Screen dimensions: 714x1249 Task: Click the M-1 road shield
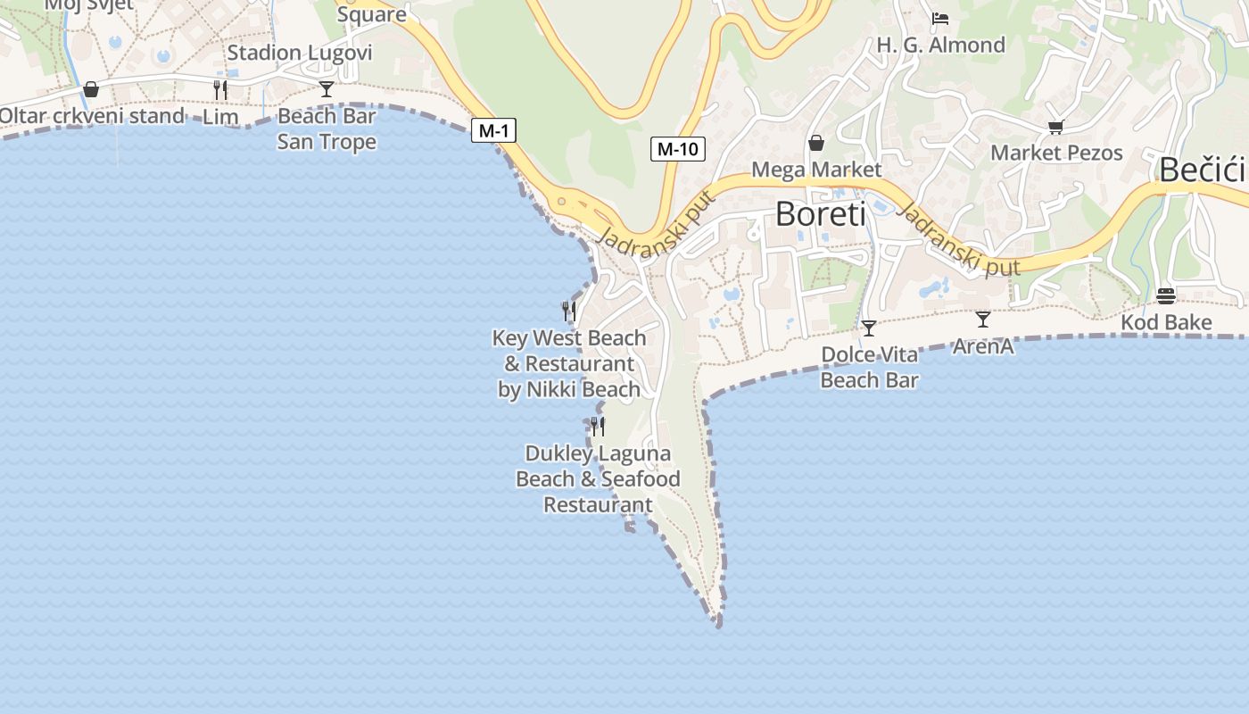(x=493, y=131)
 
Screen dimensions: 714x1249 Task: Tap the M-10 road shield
(x=677, y=149)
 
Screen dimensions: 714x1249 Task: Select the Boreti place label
(x=820, y=214)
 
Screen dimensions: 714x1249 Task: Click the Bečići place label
(x=1202, y=170)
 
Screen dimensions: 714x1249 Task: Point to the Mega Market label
(x=816, y=170)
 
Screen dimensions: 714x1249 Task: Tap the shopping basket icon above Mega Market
(x=816, y=143)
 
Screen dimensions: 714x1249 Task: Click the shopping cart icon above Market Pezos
(x=1056, y=127)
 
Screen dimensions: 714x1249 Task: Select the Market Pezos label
(x=1056, y=153)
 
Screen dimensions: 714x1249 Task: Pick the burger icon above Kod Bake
(x=1165, y=295)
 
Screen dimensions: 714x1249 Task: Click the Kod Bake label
(x=1166, y=322)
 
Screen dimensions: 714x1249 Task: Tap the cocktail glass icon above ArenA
(x=983, y=319)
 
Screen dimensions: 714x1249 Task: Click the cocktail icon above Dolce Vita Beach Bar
(x=869, y=328)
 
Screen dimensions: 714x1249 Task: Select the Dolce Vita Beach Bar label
(x=869, y=367)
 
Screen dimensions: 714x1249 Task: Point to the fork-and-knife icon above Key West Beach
(x=569, y=311)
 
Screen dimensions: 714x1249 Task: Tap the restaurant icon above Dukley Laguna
(x=598, y=426)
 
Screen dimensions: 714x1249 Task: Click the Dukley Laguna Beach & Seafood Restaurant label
(x=598, y=478)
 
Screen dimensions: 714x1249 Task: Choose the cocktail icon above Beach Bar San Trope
(x=327, y=88)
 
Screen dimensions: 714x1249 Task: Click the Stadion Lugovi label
(x=299, y=53)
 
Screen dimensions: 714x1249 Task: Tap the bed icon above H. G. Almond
(x=940, y=18)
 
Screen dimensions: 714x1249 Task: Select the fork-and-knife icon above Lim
(x=220, y=89)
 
